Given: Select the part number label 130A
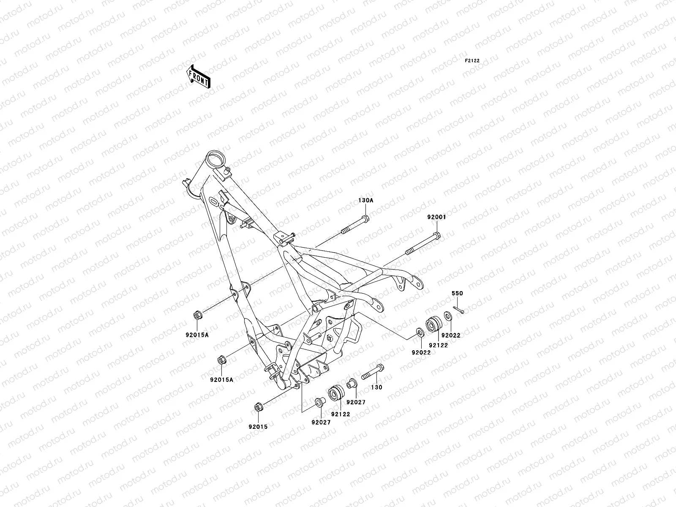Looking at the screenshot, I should pyautogui.click(x=366, y=201).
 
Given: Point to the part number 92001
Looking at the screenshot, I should pyautogui.click(x=436, y=217).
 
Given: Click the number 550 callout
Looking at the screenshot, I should pyautogui.click(x=458, y=293).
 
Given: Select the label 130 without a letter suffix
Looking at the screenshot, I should pyautogui.click(x=376, y=387).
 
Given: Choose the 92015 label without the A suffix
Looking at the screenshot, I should pyautogui.click(x=258, y=426).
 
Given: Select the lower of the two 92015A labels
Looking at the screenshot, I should pyautogui.click(x=221, y=379).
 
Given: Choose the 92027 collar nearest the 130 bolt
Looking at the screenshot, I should pyautogui.click(x=350, y=384).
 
